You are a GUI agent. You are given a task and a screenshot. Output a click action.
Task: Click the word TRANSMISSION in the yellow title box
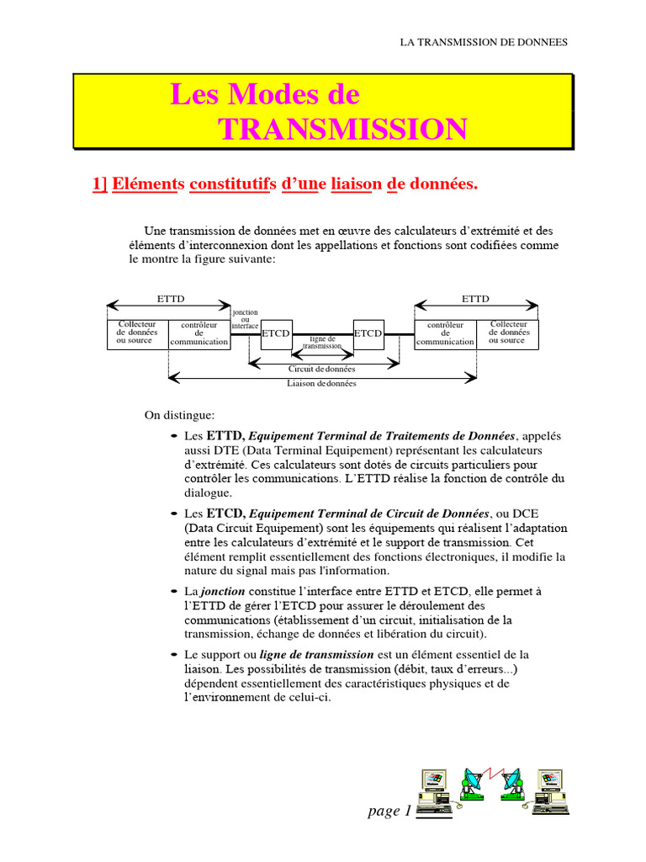point(342,129)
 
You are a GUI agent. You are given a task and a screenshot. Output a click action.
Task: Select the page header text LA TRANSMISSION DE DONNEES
point(483,41)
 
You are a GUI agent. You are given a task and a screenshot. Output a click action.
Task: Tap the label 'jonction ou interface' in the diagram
point(245,319)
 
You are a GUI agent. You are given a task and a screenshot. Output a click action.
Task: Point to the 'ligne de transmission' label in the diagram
point(323,342)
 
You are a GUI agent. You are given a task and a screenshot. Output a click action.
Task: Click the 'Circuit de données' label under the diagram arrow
point(322,369)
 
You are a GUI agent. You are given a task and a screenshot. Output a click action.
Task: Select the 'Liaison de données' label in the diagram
point(322,384)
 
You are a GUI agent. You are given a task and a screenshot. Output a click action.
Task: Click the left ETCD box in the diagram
point(276,333)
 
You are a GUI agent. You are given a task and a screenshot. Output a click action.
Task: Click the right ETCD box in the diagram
point(368,333)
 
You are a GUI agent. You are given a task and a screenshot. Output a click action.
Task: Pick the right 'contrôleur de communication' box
point(445,333)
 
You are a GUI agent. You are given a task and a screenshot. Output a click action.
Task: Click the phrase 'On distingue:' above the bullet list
point(179,415)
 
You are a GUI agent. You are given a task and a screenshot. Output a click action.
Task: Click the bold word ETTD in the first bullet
point(224,436)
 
